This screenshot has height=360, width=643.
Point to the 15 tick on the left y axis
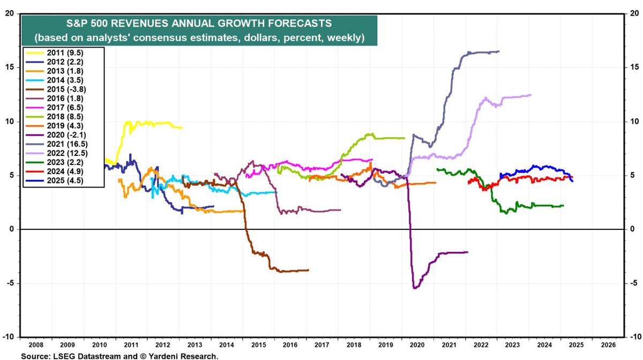(x=10, y=67)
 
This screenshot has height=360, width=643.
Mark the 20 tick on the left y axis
(x=10, y=13)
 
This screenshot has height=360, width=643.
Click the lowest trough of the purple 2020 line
(x=415, y=288)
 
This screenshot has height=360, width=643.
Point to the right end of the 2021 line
(x=499, y=51)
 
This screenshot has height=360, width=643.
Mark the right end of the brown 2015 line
(x=308, y=270)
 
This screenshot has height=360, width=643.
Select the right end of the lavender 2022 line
(x=531, y=95)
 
